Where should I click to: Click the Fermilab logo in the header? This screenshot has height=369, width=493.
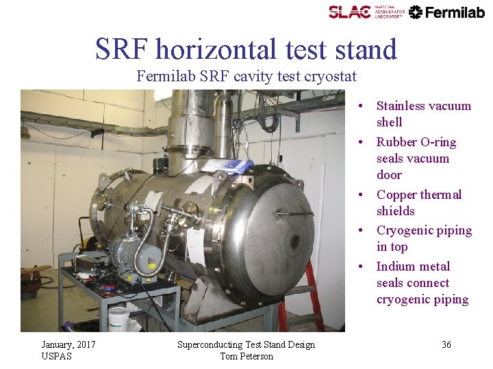[447, 12]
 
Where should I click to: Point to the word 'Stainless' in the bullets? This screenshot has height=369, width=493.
[403, 106]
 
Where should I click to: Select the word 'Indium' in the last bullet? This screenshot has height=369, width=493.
[394, 266]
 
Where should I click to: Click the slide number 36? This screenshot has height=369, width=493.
[446, 345]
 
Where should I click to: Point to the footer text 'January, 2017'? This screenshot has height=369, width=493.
[68, 344]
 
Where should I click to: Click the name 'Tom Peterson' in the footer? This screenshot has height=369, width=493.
[246, 356]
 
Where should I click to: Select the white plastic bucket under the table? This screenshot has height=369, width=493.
[119, 318]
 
